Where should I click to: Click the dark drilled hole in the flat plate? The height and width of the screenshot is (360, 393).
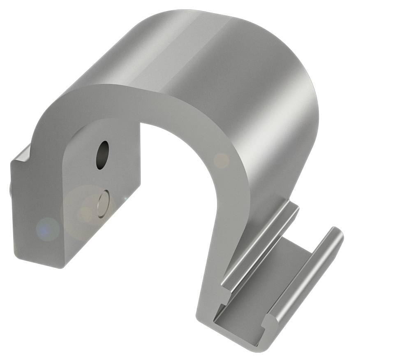102,155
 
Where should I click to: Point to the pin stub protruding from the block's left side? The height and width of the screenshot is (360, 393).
10,190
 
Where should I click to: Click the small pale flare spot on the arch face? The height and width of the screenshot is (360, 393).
222,160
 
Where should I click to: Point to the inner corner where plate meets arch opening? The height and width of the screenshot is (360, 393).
140,123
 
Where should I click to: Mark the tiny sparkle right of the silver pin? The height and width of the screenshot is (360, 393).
126,199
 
